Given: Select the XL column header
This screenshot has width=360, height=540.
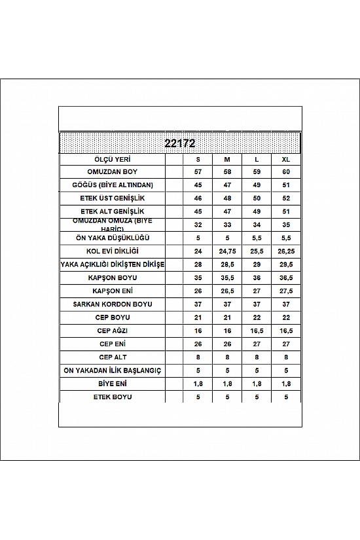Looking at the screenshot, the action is [285, 158].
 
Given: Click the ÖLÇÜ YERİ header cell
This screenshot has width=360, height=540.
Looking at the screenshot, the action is [113, 158].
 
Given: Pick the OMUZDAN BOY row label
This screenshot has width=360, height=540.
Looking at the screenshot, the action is [113, 171].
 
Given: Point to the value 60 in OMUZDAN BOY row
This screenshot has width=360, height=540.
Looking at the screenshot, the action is [285, 171].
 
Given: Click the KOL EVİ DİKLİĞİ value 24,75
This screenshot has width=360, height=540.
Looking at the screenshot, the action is [226, 251].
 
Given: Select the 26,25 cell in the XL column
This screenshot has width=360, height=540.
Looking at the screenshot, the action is [285, 251].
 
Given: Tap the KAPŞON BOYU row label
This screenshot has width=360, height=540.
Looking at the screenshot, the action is [113, 278].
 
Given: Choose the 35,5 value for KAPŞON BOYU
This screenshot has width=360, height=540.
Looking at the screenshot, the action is [226, 278].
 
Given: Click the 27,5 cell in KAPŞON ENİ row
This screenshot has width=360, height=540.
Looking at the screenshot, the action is [285, 291].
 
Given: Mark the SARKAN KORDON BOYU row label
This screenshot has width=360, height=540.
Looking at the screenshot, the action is [113, 304].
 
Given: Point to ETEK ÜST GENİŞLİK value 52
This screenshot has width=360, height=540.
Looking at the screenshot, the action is [285, 198].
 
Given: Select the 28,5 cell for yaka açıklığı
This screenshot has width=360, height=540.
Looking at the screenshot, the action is [226, 264].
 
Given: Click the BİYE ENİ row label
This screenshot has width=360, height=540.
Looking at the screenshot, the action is [113, 384].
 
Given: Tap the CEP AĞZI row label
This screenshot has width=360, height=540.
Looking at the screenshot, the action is [113, 331].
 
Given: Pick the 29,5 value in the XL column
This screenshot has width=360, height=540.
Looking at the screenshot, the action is [285, 264].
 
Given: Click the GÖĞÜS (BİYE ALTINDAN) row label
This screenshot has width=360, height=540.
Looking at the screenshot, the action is [113, 185].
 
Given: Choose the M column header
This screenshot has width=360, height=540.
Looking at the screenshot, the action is [226, 158].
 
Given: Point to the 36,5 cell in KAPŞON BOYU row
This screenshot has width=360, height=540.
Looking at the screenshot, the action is [285, 278].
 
